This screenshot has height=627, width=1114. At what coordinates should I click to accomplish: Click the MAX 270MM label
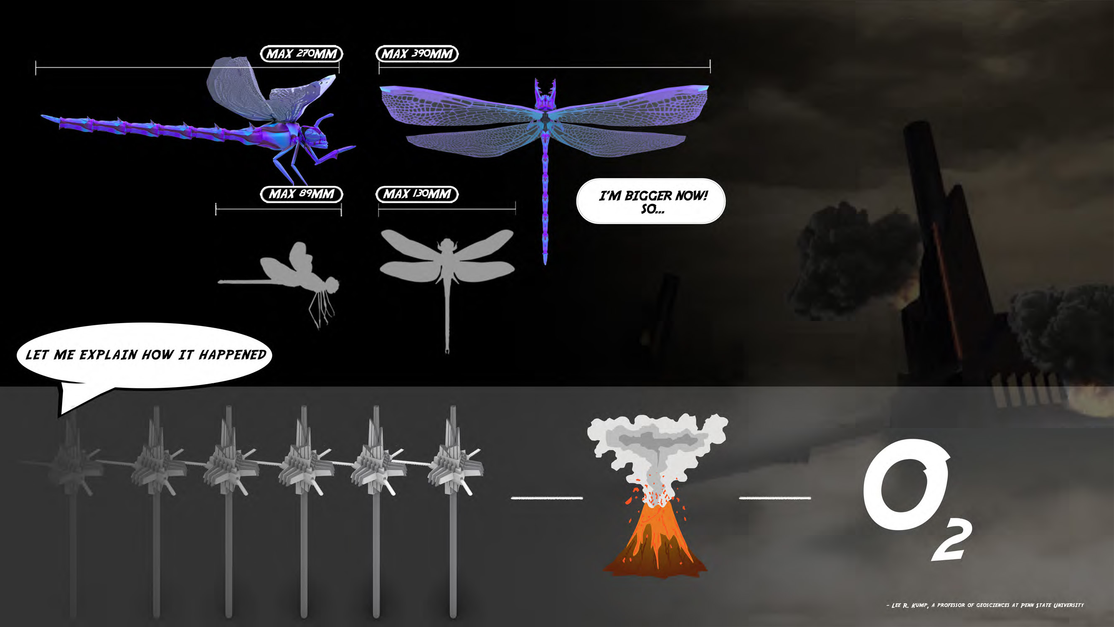[x=301, y=54]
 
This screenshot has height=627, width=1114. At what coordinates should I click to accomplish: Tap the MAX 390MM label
[x=417, y=54]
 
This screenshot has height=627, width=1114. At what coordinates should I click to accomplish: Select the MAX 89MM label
[x=301, y=194]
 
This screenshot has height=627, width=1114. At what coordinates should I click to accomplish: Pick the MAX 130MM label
[x=417, y=194]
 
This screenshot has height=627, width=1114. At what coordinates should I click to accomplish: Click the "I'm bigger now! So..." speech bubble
[x=651, y=201]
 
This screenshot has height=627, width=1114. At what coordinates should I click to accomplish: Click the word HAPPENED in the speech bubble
[x=232, y=355]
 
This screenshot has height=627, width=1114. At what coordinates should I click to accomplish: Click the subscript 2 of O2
[x=952, y=541]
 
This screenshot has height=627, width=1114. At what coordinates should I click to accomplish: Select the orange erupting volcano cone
[x=655, y=541]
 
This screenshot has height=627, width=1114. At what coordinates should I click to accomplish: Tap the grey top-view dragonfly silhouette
[x=447, y=264]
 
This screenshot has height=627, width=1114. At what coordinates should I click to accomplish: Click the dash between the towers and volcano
[x=547, y=498]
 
